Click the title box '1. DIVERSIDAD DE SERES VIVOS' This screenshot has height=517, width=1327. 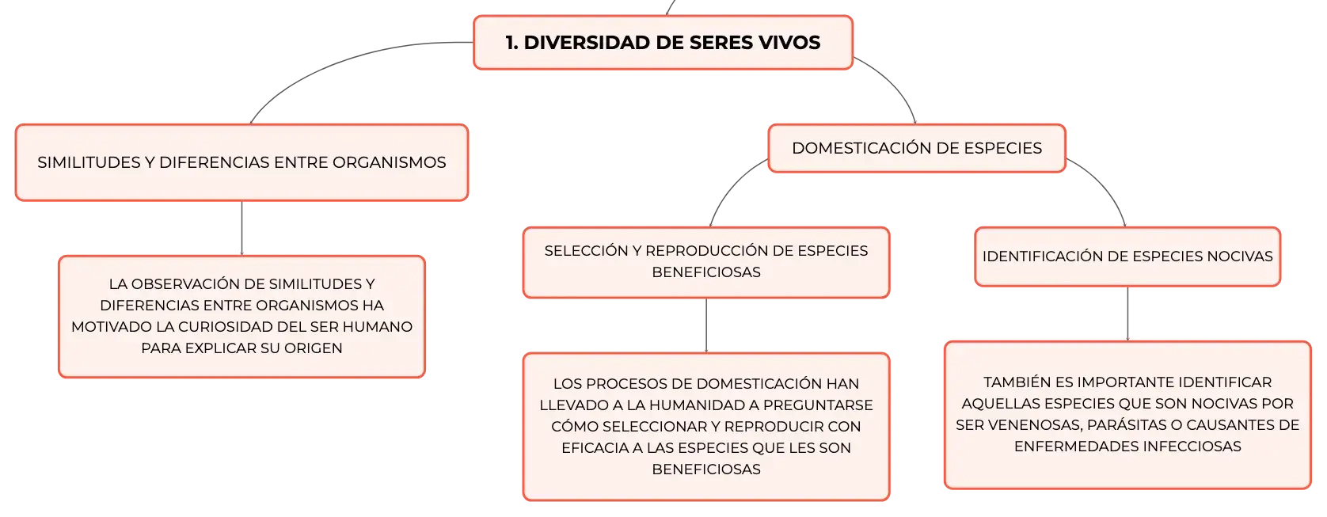[x=663, y=43]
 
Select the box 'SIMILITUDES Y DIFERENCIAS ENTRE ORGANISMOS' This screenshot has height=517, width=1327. [x=241, y=162]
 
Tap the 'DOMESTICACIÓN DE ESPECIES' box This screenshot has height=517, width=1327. [x=916, y=148]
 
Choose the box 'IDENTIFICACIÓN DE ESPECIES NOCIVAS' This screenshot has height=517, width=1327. [x=1127, y=257]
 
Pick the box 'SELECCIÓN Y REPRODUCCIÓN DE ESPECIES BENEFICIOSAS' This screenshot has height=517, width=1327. [x=706, y=262]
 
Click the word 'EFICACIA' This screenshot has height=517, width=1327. [x=594, y=447]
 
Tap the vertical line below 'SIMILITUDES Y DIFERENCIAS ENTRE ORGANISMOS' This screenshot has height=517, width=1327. [x=241, y=229]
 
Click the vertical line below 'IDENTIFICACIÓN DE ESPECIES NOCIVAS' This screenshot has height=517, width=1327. [x=1127, y=314]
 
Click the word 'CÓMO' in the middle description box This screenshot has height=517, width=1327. [x=569, y=427]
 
